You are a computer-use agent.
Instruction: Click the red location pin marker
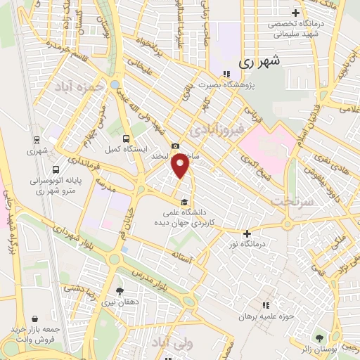[182, 167]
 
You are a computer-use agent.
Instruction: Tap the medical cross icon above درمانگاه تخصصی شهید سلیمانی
[296, 13]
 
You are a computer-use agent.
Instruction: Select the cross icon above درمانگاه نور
[247, 233]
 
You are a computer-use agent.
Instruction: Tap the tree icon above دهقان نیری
[120, 290]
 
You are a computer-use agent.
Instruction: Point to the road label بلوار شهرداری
[64, 243]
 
